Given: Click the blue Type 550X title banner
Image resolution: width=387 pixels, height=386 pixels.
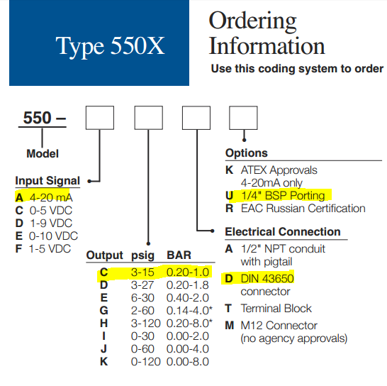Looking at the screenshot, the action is pyautogui.click(x=99, y=43).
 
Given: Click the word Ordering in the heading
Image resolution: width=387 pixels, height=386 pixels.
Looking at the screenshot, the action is pyautogui.click(x=252, y=21).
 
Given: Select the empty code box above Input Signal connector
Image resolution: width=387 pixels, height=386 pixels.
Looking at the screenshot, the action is pyautogui.click(x=100, y=118).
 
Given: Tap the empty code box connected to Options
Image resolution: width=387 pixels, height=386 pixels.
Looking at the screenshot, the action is pyautogui.click(x=243, y=118).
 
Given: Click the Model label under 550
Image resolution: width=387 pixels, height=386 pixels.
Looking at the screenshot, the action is pyautogui.click(x=43, y=154).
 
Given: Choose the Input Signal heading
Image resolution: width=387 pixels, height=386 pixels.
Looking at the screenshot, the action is pyautogui.click(x=47, y=181).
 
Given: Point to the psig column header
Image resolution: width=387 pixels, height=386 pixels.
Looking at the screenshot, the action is pyautogui.click(x=142, y=255).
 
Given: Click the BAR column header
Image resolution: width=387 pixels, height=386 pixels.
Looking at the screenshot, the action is pyautogui.click(x=179, y=255).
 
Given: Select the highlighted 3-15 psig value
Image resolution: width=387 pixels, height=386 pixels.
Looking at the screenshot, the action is pyautogui.click(x=142, y=272).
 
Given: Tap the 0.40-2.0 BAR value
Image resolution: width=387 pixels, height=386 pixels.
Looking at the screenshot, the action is pyautogui.click(x=188, y=298).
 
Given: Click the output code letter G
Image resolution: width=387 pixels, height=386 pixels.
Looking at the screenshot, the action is pyautogui.click(x=104, y=311).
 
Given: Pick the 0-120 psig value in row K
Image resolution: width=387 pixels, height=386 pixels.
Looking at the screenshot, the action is pyautogui.click(x=145, y=362).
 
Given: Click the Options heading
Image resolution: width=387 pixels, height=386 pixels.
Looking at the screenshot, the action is pyautogui.click(x=247, y=153).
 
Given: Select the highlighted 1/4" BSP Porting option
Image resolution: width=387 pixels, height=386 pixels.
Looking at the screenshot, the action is pyautogui.click(x=283, y=195).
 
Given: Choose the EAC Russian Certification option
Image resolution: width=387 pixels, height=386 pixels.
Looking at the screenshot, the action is pyautogui.click(x=303, y=209).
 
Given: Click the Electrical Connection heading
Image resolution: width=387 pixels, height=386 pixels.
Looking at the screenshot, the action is pyautogui.click(x=283, y=232).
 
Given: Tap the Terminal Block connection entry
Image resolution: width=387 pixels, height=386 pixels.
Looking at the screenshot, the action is pyautogui.click(x=276, y=309).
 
